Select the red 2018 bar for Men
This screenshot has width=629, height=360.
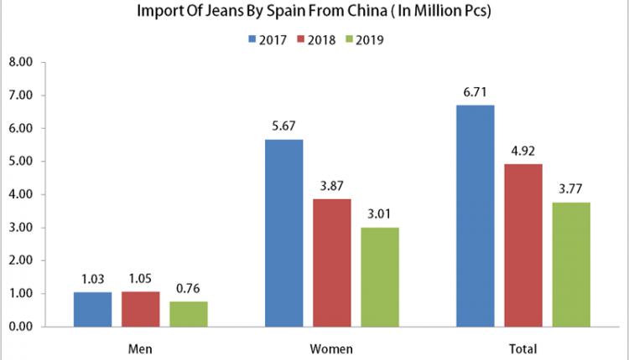(x=140, y=309)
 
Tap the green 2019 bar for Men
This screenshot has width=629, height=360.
(x=189, y=314)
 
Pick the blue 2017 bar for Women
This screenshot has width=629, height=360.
(x=283, y=233)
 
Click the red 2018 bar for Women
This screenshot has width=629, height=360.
(x=332, y=262)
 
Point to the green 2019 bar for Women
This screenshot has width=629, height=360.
(x=380, y=277)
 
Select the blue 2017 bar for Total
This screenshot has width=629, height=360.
(x=476, y=215)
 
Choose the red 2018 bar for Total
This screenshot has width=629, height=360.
(x=523, y=245)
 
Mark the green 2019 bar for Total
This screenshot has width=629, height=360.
(x=571, y=265)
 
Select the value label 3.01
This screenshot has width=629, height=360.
(x=380, y=214)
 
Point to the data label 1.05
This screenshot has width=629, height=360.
(x=140, y=279)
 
